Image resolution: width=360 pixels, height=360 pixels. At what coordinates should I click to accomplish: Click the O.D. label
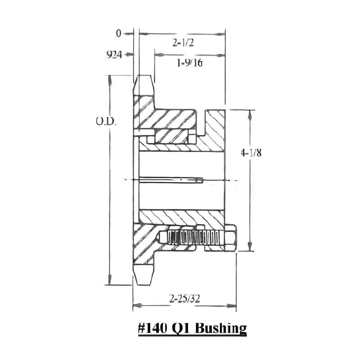[106, 121]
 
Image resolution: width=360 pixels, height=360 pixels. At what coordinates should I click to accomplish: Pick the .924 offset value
[114, 55]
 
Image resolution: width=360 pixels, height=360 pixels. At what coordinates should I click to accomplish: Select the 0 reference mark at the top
[119, 33]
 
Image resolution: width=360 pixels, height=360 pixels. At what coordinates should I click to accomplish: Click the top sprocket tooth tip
[144, 77]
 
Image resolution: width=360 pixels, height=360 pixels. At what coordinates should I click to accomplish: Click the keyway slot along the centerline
[171, 181]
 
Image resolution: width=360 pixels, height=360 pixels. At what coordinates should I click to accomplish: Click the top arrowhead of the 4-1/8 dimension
[250, 112]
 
